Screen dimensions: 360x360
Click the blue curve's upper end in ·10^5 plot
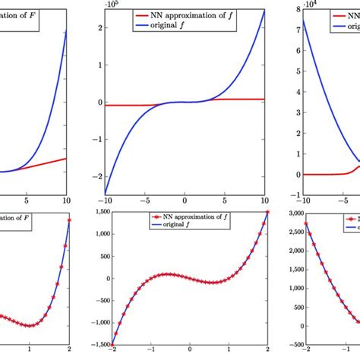[x=265, y=10]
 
